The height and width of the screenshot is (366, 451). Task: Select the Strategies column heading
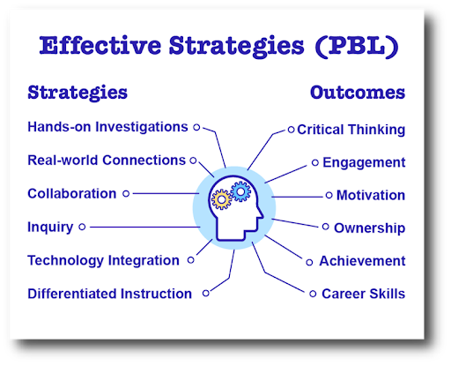coord(78,93)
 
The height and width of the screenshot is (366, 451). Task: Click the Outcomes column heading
coord(358,93)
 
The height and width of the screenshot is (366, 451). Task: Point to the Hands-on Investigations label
coord(107,127)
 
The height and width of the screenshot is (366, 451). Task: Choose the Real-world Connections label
coord(107,161)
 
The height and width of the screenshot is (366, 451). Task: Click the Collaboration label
coord(71,194)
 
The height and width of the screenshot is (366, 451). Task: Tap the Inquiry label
coord(50,228)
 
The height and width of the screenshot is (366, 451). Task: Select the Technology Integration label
coord(103,261)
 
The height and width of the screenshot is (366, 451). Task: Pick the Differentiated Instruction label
coord(109,294)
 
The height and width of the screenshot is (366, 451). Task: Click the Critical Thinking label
coord(351,130)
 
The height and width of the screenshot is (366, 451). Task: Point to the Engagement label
coord(364,163)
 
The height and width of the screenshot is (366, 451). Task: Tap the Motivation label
coord(371,196)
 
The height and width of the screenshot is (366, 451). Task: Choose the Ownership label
coord(369,228)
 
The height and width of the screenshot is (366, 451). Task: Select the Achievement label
coord(362,261)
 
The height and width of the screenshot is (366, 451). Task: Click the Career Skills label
coord(363,294)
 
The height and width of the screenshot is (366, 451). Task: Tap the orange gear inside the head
coord(223,199)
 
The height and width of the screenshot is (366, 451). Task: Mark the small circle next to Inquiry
coord(82,228)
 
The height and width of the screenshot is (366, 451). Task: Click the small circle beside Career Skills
coord(312,294)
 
